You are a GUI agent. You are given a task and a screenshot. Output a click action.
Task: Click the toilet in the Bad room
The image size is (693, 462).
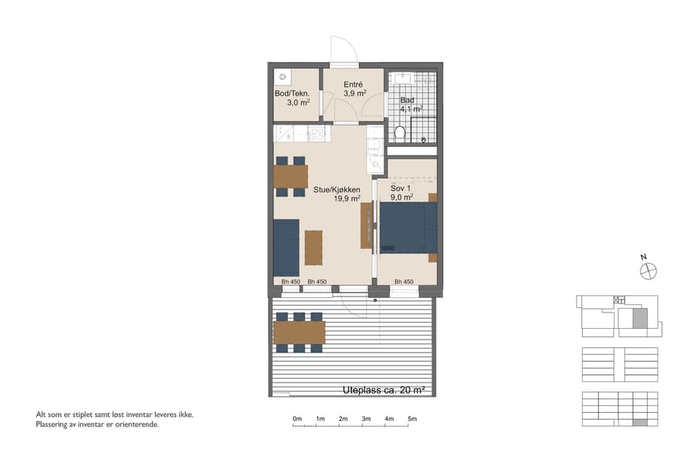(399, 134)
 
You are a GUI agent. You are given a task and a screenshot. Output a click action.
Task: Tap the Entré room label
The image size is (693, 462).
(353, 84)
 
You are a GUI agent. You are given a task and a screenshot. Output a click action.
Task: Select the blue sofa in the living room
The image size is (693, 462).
(286, 247)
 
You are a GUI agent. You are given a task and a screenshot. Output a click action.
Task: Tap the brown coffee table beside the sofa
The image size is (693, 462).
(313, 247)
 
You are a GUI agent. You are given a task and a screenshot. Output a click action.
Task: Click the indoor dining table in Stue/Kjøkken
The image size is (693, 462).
(290, 176)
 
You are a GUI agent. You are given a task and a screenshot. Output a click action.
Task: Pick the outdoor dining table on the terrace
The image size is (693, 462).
(300, 332)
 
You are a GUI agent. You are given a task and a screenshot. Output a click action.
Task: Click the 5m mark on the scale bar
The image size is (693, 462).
(413, 419)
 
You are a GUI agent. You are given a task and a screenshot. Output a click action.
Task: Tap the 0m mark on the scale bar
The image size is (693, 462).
(297, 419)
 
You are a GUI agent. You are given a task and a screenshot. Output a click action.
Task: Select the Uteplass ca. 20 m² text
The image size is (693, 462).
(383, 391)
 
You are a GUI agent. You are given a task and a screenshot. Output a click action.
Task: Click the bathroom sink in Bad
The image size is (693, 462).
(402, 79)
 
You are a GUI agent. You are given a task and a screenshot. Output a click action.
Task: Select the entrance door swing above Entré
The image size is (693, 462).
(342, 49)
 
